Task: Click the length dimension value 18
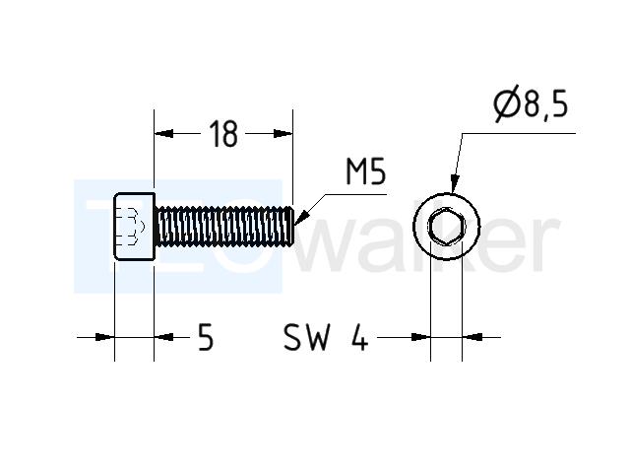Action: (223, 134)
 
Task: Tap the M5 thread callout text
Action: (365, 171)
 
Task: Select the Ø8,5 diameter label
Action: (531, 103)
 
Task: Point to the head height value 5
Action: (206, 337)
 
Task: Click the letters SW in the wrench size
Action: (306, 337)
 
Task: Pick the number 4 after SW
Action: (359, 337)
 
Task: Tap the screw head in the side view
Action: (134, 227)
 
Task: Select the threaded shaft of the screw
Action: (224, 226)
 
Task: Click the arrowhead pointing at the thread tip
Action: (302, 217)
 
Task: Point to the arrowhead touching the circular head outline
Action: (454, 184)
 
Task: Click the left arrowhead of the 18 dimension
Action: (164, 134)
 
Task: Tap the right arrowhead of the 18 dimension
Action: (283, 134)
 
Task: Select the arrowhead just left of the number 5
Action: (164, 337)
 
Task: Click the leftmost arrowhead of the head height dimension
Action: (105, 337)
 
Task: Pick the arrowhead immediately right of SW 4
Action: (420, 337)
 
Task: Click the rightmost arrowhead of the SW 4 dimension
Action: (472, 337)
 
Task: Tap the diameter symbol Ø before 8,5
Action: (506, 103)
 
